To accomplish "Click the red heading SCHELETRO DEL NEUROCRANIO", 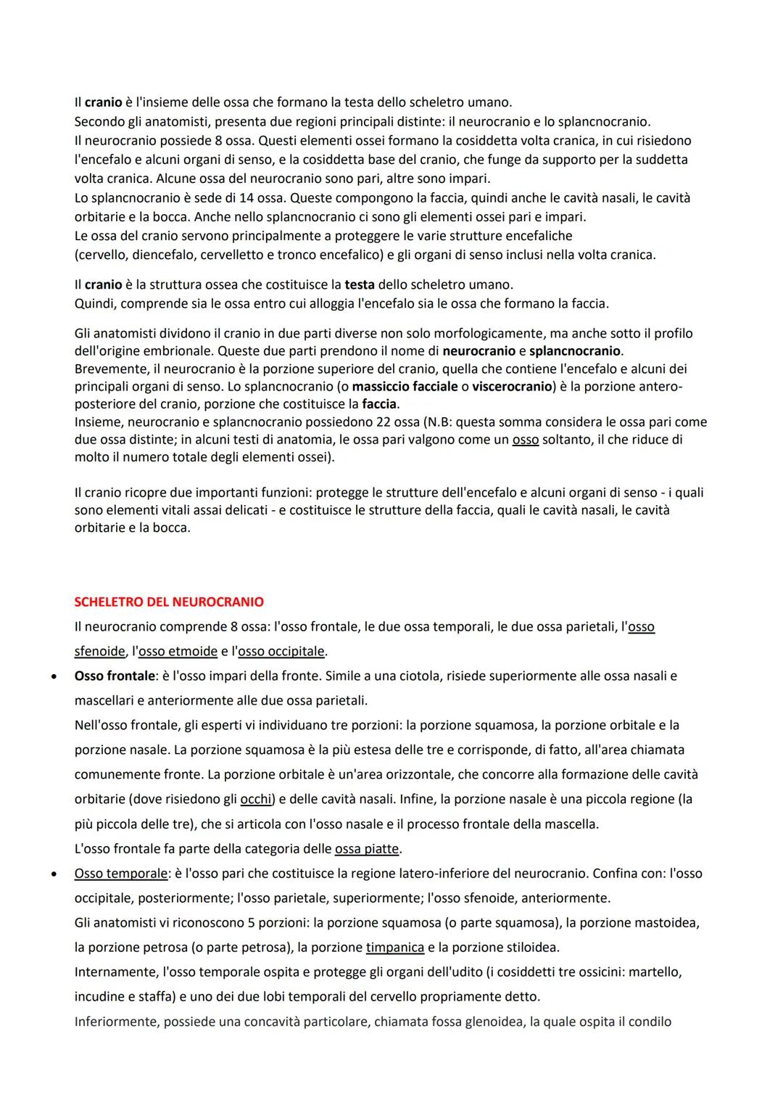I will click(x=169, y=602).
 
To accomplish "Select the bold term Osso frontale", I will click(x=115, y=676).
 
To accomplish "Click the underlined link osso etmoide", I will click(x=178, y=651).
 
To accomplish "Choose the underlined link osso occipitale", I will click(x=281, y=651).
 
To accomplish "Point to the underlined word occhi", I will click(x=256, y=799).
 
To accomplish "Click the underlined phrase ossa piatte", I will click(x=368, y=848).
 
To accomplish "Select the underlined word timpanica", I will click(x=395, y=947).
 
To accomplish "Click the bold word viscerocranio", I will click(x=512, y=386).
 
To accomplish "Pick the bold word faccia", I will click(x=380, y=403).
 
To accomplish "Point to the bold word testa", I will click(x=360, y=284).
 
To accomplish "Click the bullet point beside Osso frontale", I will click(x=54, y=676).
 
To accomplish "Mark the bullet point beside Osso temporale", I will click(x=54, y=874).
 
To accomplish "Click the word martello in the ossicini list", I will click(x=654, y=971).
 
